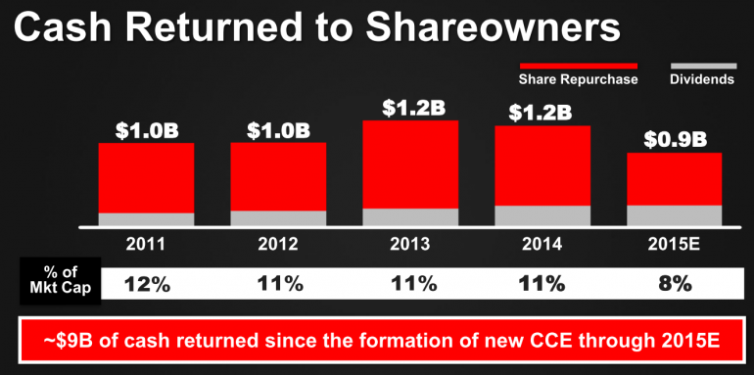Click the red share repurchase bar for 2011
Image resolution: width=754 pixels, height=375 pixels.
point(146,176)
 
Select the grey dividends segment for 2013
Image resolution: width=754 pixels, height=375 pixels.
point(410,217)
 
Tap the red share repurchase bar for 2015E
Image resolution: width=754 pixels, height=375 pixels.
point(674,178)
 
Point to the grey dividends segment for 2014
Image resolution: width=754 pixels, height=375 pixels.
point(542,216)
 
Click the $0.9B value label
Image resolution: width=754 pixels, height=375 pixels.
point(675,138)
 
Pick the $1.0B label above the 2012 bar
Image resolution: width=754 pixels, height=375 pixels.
point(278,128)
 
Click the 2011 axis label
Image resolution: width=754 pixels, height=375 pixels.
point(146,242)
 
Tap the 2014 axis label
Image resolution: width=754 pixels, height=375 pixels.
point(542,242)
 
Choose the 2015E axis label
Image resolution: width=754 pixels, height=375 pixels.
point(675,242)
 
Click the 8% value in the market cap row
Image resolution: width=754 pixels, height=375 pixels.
point(675,284)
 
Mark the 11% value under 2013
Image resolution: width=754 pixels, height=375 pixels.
point(410,284)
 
